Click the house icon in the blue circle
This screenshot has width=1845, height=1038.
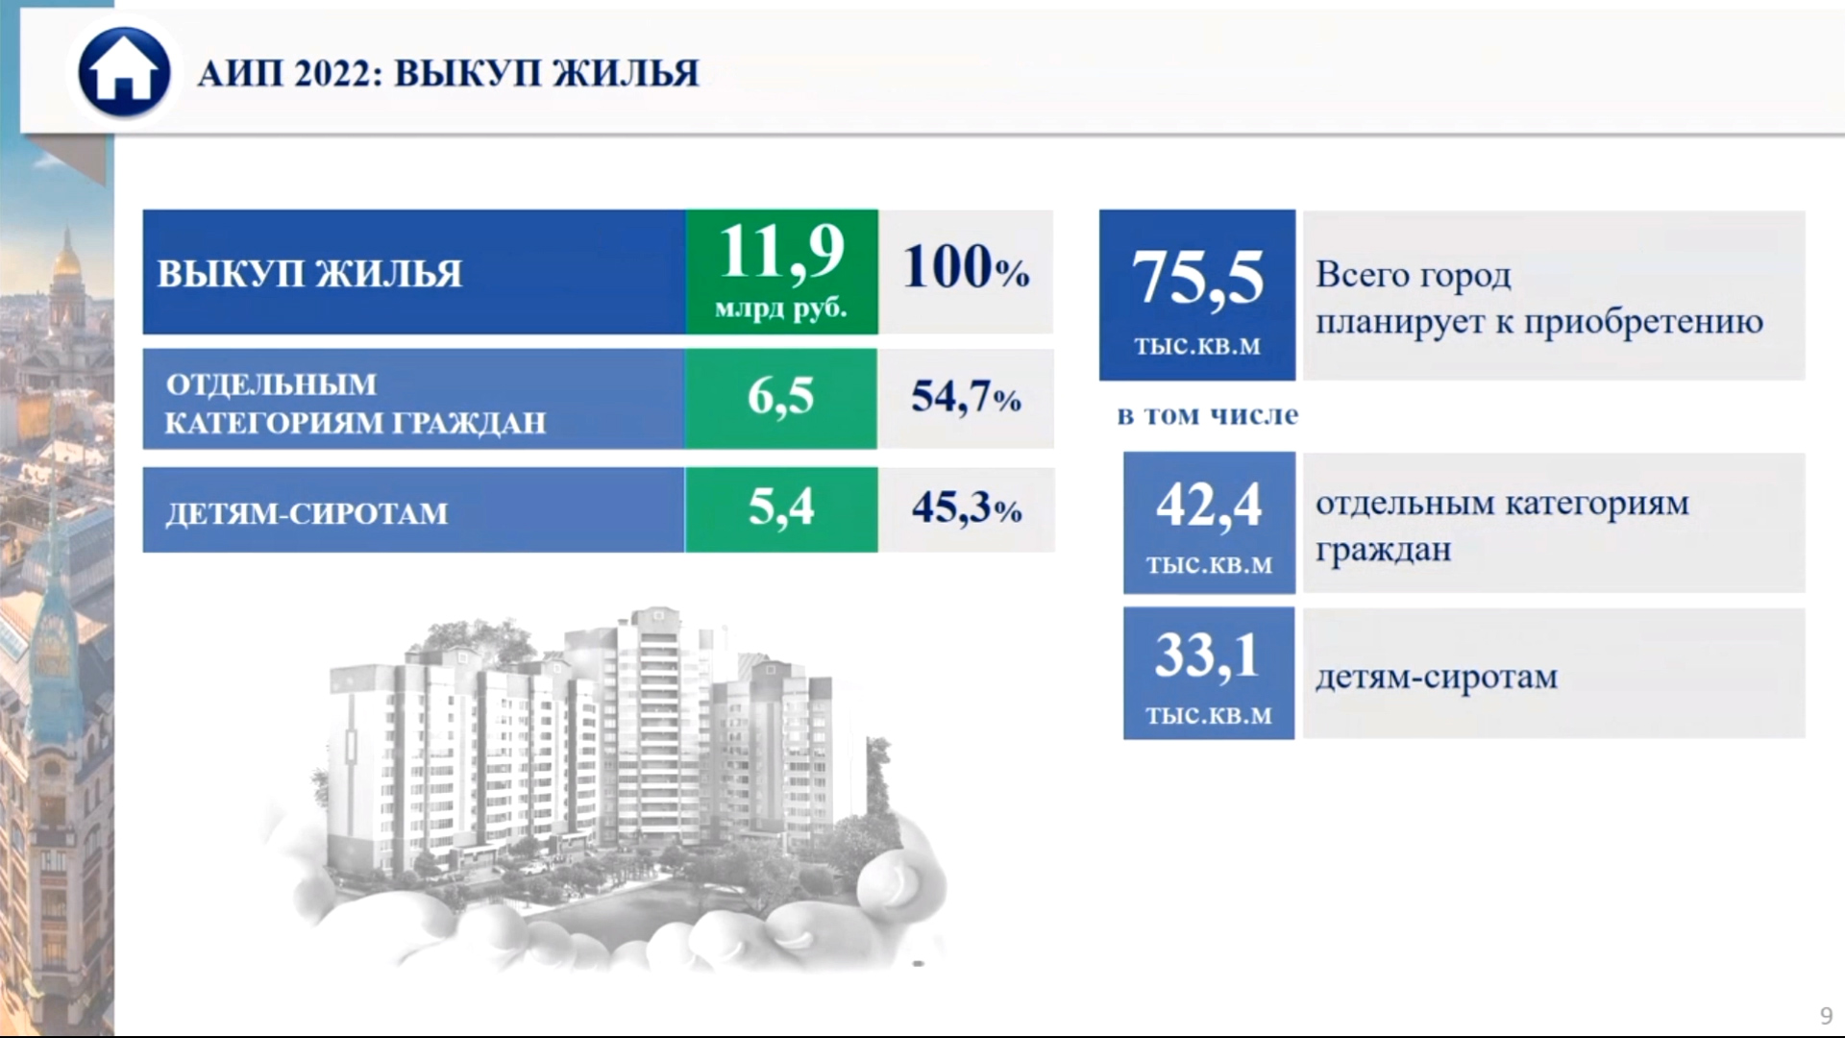click(123, 73)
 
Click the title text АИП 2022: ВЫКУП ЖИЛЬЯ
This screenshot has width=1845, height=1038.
click(448, 73)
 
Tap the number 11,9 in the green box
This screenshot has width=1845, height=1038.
click(781, 252)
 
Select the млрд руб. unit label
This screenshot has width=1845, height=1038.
click(781, 309)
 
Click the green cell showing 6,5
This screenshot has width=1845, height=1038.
click(781, 398)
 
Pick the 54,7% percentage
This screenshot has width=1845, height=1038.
click(966, 396)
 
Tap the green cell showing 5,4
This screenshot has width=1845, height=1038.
click(781, 509)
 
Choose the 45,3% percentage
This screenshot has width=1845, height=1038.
click(966, 507)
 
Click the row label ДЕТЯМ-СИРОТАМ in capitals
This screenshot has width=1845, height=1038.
click(307, 513)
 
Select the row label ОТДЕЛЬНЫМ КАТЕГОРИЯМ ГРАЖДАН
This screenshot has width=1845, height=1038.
click(356, 403)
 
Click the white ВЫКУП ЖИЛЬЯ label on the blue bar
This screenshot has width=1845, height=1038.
click(309, 274)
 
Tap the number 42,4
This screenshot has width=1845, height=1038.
click(1208, 505)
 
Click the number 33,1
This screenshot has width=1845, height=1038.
click(1207, 656)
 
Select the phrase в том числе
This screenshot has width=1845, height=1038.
click(1208, 415)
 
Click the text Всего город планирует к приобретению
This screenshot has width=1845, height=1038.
click(1539, 298)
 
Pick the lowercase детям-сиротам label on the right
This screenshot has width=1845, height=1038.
click(1437, 677)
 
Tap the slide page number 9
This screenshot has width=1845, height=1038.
click(1826, 1015)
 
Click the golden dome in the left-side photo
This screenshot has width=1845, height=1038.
click(64, 268)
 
